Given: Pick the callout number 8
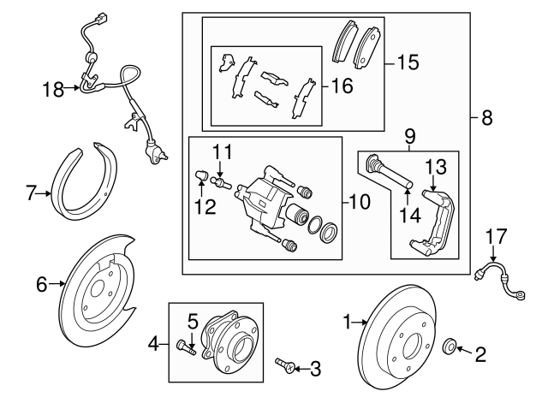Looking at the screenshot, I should coord(486,120).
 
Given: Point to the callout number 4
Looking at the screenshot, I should coord(155,345).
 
